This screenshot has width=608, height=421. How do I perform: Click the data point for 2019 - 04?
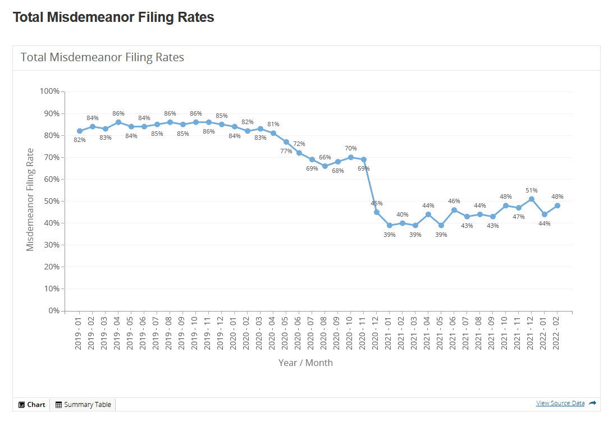pos(118,122)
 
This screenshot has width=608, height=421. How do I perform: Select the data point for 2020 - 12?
pos(377,212)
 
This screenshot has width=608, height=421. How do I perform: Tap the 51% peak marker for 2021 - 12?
pos(532,199)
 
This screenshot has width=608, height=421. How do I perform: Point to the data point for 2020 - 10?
pos(351,157)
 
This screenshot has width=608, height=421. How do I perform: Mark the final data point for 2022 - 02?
pos(557,205)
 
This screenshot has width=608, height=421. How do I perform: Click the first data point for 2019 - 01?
pos(80,131)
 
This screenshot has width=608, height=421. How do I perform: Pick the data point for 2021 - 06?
pos(454,210)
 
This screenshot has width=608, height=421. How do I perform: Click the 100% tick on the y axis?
pos(49,91)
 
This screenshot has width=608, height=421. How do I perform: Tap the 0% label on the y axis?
pos(53,310)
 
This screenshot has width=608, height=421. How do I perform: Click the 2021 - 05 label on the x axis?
pos(441,333)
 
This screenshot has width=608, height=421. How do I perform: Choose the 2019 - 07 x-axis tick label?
pos(157,333)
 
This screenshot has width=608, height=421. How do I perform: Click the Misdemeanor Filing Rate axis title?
pos(30,200)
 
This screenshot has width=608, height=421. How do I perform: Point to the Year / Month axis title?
pos(305,363)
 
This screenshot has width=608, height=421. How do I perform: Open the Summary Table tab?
pos(83,404)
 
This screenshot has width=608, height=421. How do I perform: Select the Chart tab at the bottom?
pos(32,404)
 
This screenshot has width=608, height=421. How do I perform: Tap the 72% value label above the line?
pos(299,144)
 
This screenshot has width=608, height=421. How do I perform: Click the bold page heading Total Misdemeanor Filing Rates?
pos(113,17)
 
